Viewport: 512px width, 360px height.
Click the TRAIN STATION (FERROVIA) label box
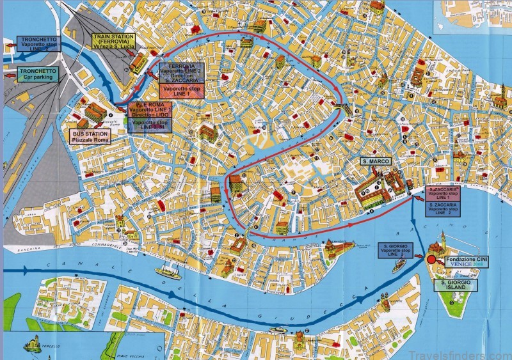[x=113, y=42]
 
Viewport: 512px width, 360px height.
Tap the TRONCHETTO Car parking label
[x=40, y=75]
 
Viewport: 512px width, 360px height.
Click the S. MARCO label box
[x=376, y=161]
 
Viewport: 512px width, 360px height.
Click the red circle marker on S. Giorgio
[x=431, y=260]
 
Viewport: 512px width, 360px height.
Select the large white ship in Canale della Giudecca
[x=167, y=272]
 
